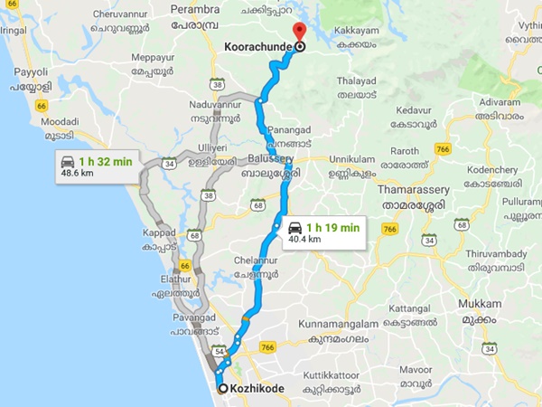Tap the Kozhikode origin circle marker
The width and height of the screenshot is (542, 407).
tap(223, 389)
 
